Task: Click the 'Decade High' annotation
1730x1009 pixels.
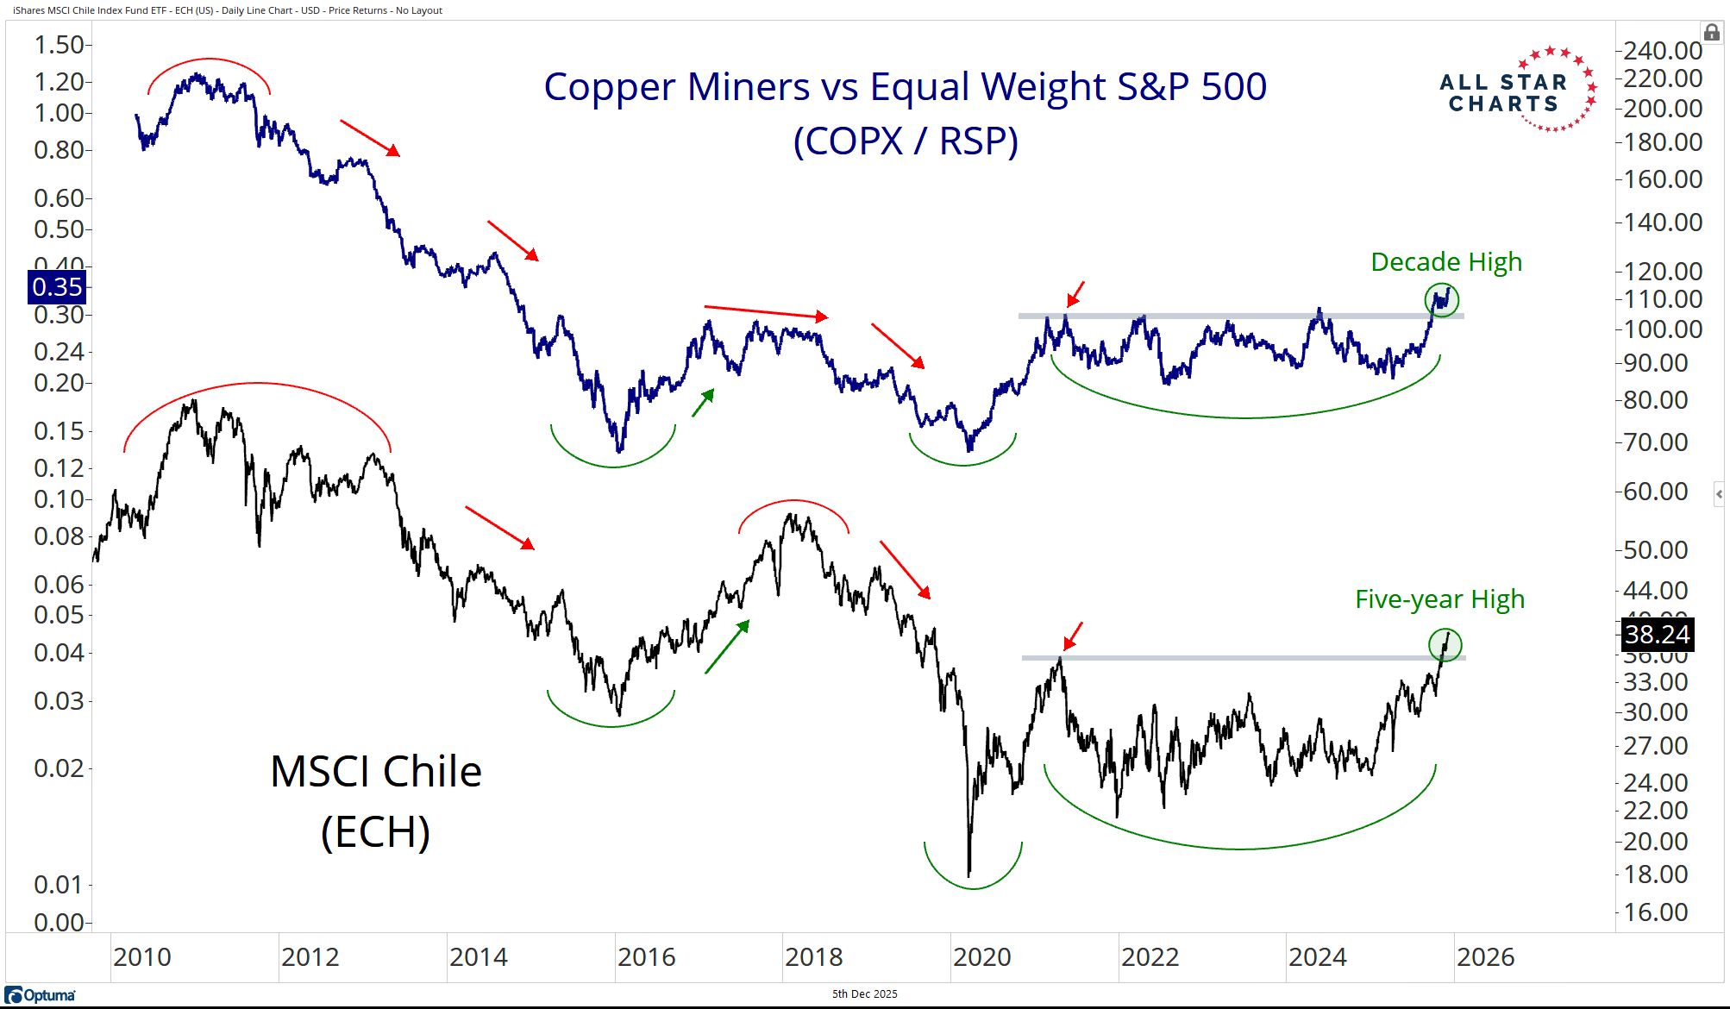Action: [x=1446, y=262]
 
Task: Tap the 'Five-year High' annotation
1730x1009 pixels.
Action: [x=1439, y=599]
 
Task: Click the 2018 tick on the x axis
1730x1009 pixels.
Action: [x=813, y=957]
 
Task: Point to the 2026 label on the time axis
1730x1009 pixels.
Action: [x=1485, y=957]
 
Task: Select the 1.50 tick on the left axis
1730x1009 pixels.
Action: [x=58, y=45]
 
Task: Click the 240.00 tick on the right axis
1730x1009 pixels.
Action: [x=1662, y=51]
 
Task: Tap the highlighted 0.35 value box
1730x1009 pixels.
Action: [x=57, y=287]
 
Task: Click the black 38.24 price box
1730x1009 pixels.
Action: [x=1657, y=635]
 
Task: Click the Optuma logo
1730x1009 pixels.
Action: [x=41, y=995]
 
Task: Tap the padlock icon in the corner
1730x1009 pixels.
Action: [x=1712, y=33]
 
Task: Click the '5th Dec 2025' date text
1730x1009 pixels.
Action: [x=864, y=994]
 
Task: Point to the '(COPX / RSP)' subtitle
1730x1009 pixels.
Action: [x=906, y=141]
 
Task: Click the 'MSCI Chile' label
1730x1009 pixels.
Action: [x=375, y=772]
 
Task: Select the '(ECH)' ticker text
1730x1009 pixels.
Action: [x=375, y=832]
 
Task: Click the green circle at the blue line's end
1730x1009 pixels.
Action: [x=1441, y=300]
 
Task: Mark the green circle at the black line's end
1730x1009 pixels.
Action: [x=1445, y=645]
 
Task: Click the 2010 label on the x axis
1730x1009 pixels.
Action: [x=142, y=957]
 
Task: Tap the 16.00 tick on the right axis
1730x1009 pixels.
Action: [x=1655, y=912]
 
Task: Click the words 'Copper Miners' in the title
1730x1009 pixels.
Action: [x=676, y=87]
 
